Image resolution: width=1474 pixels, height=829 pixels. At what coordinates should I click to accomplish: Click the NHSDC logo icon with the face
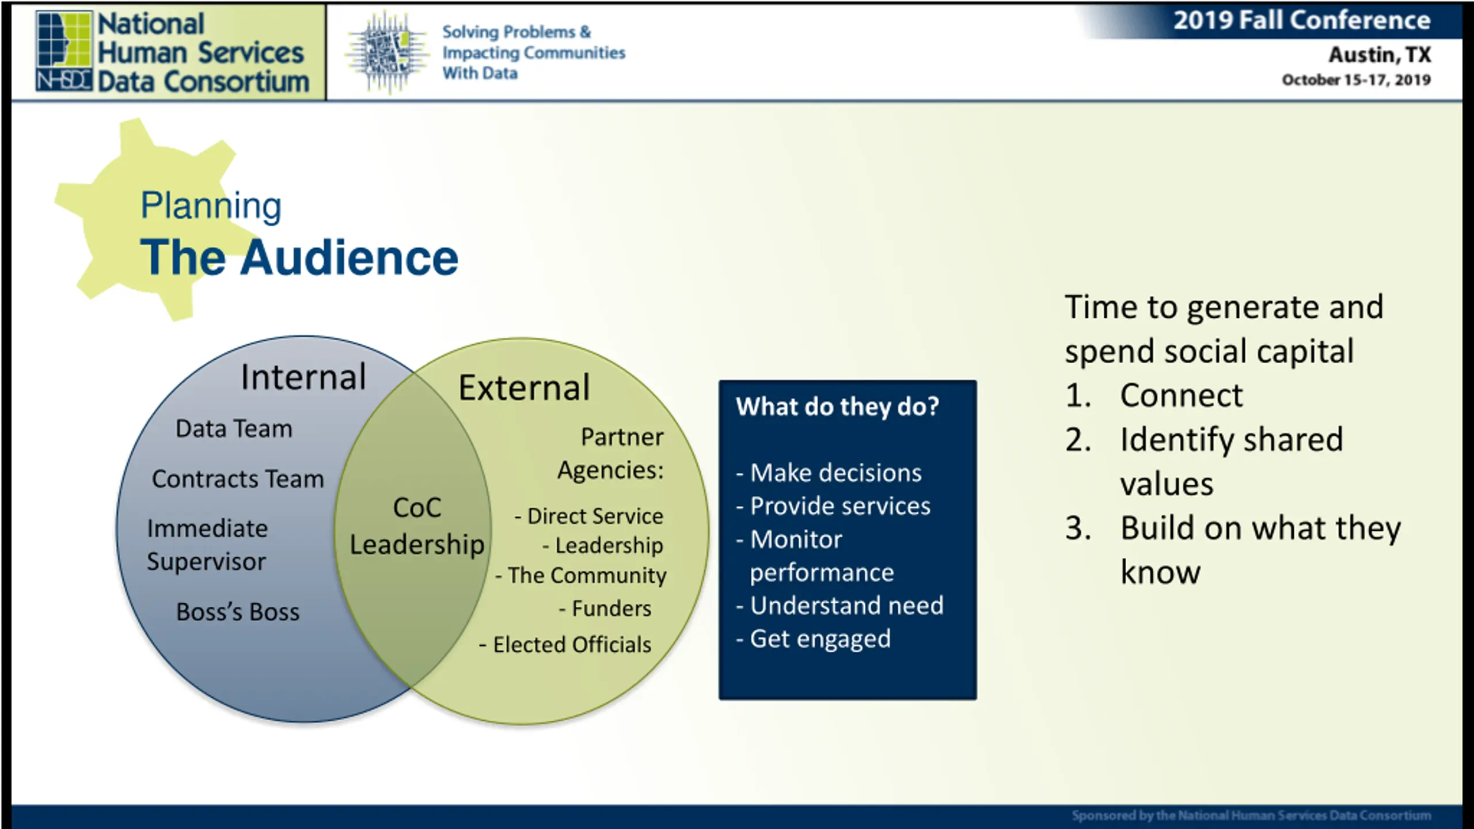tap(64, 51)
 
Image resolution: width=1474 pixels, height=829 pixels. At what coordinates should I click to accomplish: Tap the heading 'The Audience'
tap(299, 257)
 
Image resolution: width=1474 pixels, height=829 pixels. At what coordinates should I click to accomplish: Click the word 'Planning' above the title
tap(211, 206)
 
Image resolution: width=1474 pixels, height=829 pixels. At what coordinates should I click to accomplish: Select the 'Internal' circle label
tap(303, 377)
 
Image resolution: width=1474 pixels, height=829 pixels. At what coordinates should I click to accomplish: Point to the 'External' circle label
tap(524, 387)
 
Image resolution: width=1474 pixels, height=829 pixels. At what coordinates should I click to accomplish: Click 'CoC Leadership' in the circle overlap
tap(417, 526)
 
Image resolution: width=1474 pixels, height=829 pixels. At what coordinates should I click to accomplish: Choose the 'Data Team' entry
tap(234, 429)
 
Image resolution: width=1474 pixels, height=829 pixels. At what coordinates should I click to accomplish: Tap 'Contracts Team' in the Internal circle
tap(238, 479)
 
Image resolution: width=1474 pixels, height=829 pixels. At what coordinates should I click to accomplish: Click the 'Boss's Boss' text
tap(238, 612)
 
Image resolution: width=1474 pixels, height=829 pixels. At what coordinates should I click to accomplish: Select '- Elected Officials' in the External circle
tap(565, 645)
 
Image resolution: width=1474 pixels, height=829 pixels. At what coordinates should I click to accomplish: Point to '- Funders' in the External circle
tap(605, 609)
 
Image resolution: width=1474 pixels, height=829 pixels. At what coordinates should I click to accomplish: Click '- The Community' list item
tap(581, 576)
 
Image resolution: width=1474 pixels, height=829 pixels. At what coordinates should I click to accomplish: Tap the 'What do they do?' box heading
tap(837, 406)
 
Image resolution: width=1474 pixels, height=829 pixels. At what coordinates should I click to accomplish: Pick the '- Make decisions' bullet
tap(829, 473)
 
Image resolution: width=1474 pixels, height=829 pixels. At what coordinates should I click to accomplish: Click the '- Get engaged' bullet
tap(814, 639)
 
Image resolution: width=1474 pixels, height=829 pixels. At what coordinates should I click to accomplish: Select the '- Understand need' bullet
tap(840, 606)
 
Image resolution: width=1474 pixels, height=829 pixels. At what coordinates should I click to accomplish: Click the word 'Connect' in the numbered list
tap(1182, 396)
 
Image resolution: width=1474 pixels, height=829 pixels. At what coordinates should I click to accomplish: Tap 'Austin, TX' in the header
tap(1380, 55)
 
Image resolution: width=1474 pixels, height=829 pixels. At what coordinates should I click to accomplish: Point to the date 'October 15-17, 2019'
tap(1356, 79)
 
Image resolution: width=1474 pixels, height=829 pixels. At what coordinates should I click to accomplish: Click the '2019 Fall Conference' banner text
tap(1302, 20)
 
